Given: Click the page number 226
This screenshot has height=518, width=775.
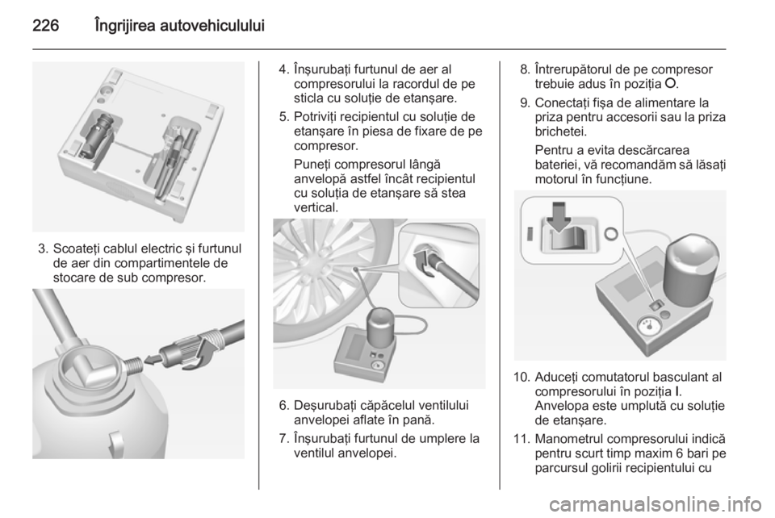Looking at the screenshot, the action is coord(46,26).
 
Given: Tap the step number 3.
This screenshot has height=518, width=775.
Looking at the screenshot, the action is coord(42,249).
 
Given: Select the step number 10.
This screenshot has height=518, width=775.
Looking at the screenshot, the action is coord(521,378).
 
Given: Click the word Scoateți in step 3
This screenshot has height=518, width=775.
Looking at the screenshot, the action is coord(76,249).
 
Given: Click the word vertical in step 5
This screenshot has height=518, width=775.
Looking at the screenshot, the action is coord(316,208).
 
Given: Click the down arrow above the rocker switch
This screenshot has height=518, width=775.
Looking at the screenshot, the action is coord(559,215).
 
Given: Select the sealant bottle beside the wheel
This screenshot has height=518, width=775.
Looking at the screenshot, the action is coord(380,327).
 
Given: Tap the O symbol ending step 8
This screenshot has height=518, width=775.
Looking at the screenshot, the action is coord(670,83).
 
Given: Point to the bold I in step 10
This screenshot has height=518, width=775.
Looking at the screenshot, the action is coord(677,391).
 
